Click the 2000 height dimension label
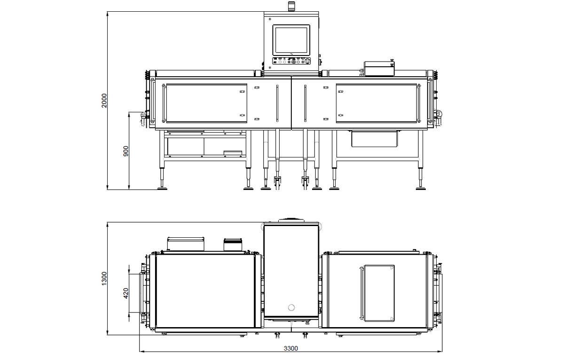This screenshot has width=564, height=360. (x=104, y=101)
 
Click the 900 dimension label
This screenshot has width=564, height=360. (x=125, y=151)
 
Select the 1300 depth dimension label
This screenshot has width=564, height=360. (x=104, y=279)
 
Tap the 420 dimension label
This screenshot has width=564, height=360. (x=126, y=293)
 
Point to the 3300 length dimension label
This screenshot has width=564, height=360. (x=291, y=348)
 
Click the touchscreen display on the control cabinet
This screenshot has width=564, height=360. (x=291, y=40)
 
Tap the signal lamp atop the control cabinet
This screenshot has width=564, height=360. (x=291, y=6)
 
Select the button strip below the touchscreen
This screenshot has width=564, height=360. (x=291, y=61)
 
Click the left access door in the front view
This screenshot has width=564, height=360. (x=206, y=103)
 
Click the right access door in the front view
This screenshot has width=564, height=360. (x=376, y=103)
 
